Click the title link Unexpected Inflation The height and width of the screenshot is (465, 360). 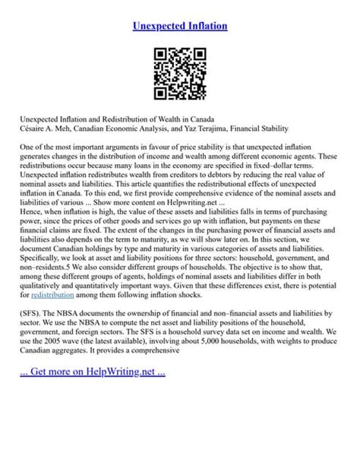tap(180, 27)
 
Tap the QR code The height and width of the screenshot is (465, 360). tap(180, 74)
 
